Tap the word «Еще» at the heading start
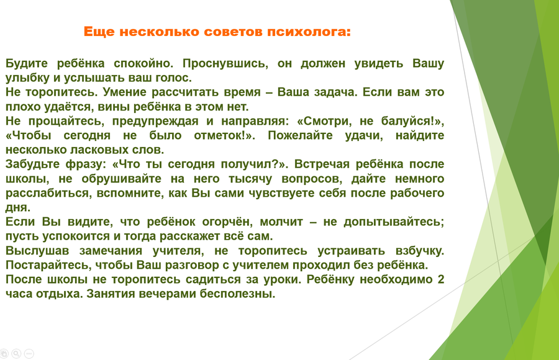[x=94, y=32]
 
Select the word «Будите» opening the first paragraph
[x=27, y=63]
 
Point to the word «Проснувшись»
[x=225, y=63]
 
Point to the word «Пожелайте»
[x=300, y=136]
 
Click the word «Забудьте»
[x=33, y=164]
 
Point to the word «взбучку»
[x=420, y=251]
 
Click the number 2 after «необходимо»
[x=440, y=279]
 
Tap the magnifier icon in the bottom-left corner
[x=16, y=354]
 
